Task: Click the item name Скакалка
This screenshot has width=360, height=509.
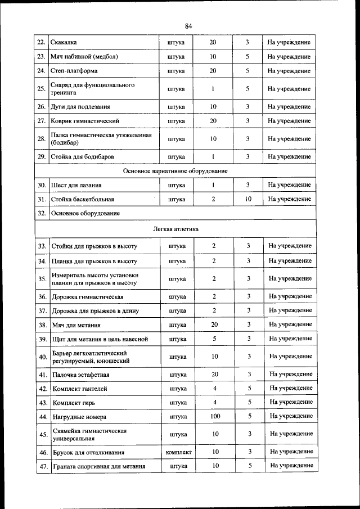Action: pyautogui.click(x=64, y=43)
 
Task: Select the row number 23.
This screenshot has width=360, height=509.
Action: pyautogui.click(x=41, y=57)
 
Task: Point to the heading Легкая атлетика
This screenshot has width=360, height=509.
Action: pyautogui.click(x=175, y=229)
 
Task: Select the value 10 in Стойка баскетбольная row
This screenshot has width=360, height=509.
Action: pyautogui.click(x=248, y=199)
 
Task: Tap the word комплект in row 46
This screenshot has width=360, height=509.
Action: pyautogui.click(x=178, y=452)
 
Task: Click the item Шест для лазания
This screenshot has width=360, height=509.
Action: pyautogui.click(x=76, y=185)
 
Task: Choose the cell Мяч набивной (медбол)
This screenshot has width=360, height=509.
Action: pyautogui.click(x=84, y=57)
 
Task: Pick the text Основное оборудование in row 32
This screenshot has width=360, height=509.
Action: pyautogui.click(x=85, y=214)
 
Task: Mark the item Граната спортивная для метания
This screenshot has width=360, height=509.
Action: pyautogui.click(x=98, y=466)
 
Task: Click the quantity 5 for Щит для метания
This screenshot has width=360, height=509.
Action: pyautogui.click(x=214, y=339)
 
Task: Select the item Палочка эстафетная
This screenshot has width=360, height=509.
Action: pyautogui.click(x=80, y=375)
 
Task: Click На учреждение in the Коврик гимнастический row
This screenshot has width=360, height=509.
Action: pyautogui.click(x=289, y=121)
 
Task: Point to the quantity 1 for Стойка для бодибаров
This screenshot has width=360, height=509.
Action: pyautogui.click(x=213, y=156)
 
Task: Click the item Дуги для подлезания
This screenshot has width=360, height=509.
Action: pyautogui.click(x=80, y=107)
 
